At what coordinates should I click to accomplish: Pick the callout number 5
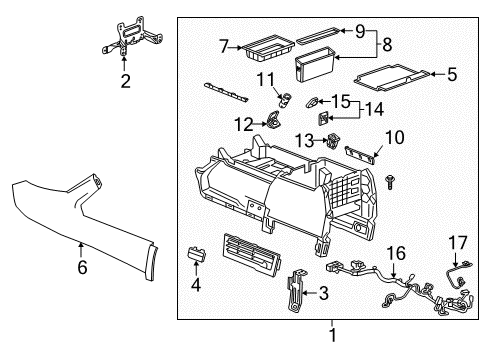point(452,72)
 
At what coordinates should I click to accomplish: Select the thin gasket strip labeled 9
point(320,31)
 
